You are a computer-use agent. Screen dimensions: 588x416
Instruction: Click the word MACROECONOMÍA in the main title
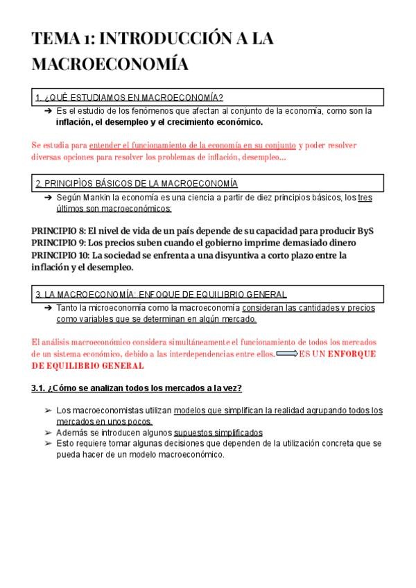click(x=110, y=64)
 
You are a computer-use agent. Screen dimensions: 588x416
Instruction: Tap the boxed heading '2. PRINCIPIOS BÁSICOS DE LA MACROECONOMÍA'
click(x=137, y=184)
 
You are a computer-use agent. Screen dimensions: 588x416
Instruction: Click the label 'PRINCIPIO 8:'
click(x=59, y=231)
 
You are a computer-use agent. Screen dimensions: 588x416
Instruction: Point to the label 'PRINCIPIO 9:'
click(x=59, y=243)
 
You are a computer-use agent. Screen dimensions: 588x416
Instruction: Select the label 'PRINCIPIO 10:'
click(x=61, y=255)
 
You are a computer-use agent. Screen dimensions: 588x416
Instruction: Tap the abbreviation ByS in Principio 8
click(x=365, y=231)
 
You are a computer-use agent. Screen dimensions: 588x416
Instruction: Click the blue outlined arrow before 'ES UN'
click(x=286, y=354)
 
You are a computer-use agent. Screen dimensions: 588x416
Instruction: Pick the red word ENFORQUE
click(x=352, y=354)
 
